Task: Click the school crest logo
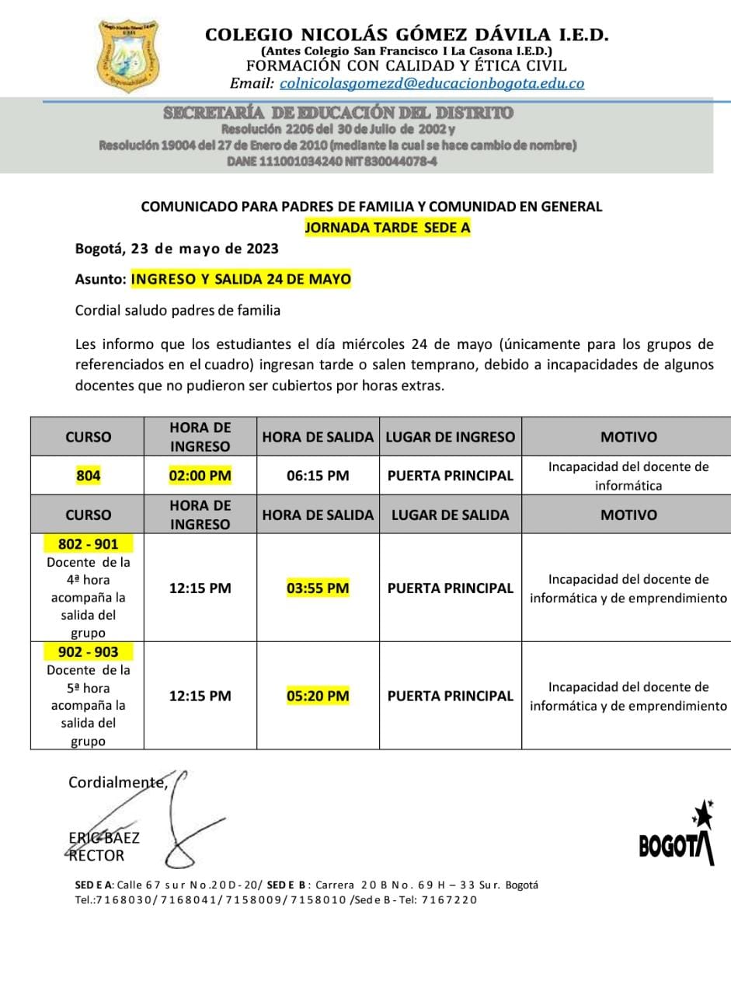coord(129,54)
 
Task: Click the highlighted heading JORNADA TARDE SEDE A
coord(388,228)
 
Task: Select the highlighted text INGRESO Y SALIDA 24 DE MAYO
coord(241,279)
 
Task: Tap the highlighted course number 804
coord(88,476)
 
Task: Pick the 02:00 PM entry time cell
coord(200,476)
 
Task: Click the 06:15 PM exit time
coord(318,476)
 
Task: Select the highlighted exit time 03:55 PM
coord(318,588)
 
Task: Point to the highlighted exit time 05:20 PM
coord(318,696)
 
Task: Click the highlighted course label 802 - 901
coord(88,544)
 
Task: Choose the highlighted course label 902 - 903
coord(88,651)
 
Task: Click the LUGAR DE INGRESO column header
coord(451,437)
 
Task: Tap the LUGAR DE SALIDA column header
coord(451,515)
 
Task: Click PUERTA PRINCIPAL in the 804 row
coord(451,476)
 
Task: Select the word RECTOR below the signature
coord(96,856)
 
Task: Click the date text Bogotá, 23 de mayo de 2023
coord(176,250)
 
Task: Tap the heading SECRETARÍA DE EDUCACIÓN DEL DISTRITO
coord(338,113)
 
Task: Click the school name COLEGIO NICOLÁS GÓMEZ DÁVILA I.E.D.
coord(406,35)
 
